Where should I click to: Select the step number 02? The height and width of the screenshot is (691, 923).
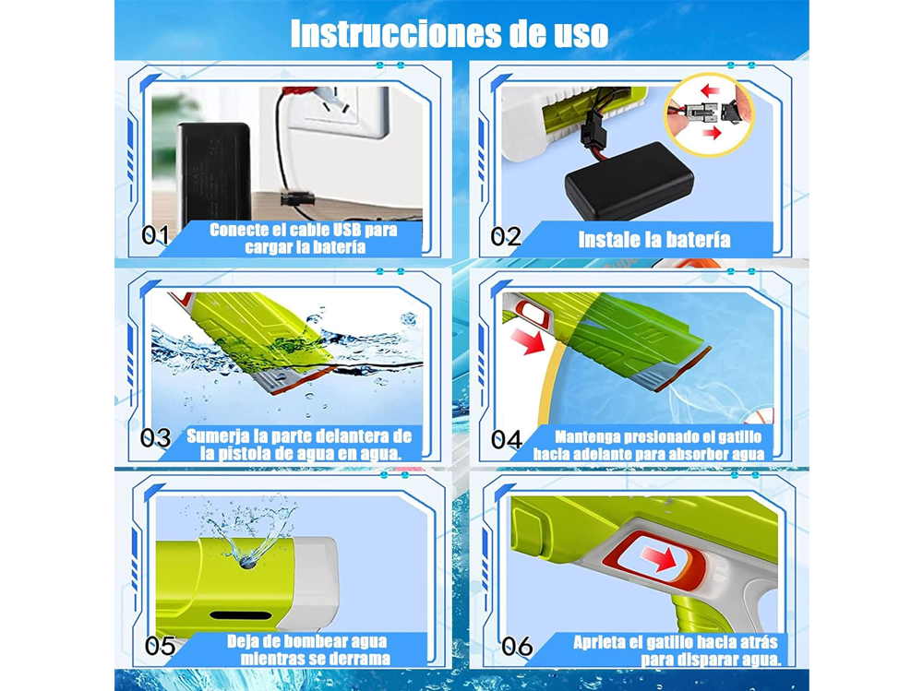pyautogui.click(x=506, y=236)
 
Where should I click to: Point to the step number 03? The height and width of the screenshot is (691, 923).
pyautogui.click(x=156, y=437)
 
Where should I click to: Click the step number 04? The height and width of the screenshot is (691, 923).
pyautogui.click(x=507, y=439)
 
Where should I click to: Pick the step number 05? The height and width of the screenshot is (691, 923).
pyautogui.click(x=161, y=646)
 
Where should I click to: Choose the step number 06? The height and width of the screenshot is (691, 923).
pyautogui.click(x=517, y=646)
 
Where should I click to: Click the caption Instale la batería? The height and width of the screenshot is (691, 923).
pyautogui.click(x=653, y=240)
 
